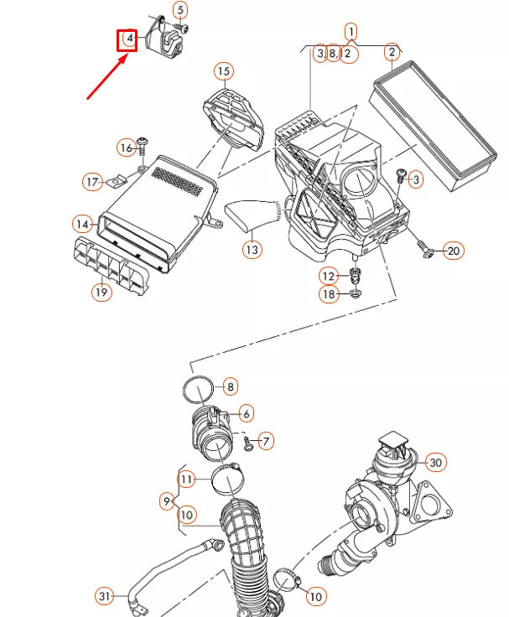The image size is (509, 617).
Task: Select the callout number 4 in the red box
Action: [x=127, y=39]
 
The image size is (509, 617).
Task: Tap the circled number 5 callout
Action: [x=180, y=10]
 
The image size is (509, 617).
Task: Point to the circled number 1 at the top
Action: [x=351, y=32]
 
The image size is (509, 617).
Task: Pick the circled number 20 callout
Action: [x=453, y=251]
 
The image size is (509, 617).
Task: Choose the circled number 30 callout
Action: [x=434, y=462]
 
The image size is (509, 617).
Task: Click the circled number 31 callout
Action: [x=104, y=596]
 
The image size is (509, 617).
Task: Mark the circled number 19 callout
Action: [x=101, y=293]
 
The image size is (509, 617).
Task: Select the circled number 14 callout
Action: [x=82, y=225]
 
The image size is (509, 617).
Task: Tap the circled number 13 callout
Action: [x=252, y=249]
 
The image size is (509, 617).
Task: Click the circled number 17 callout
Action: [x=91, y=181]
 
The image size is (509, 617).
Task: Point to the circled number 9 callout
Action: [x=167, y=501]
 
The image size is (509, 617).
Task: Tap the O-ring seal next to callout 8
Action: [x=195, y=389]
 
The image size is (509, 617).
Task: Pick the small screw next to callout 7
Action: [x=248, y=443]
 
